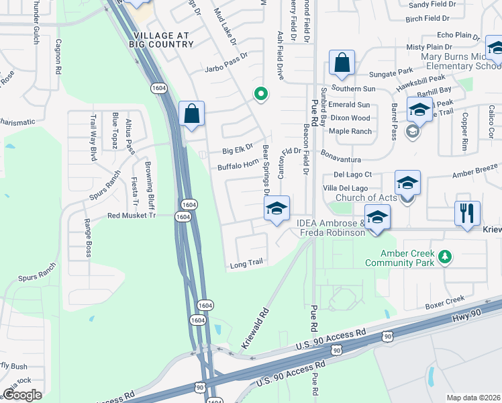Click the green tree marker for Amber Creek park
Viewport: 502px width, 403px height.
tap(444, 256)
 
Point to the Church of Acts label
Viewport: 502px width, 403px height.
tap(366, 197)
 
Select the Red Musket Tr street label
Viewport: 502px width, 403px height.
tap(132, 216)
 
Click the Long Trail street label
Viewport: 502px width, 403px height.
tap(246, 264)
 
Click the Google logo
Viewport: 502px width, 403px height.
tap(22, 394)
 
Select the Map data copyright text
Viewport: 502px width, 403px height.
tap(474, 398)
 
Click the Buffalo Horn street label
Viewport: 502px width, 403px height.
tap(238, 164)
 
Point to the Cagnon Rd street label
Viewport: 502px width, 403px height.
tap(59, 56)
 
